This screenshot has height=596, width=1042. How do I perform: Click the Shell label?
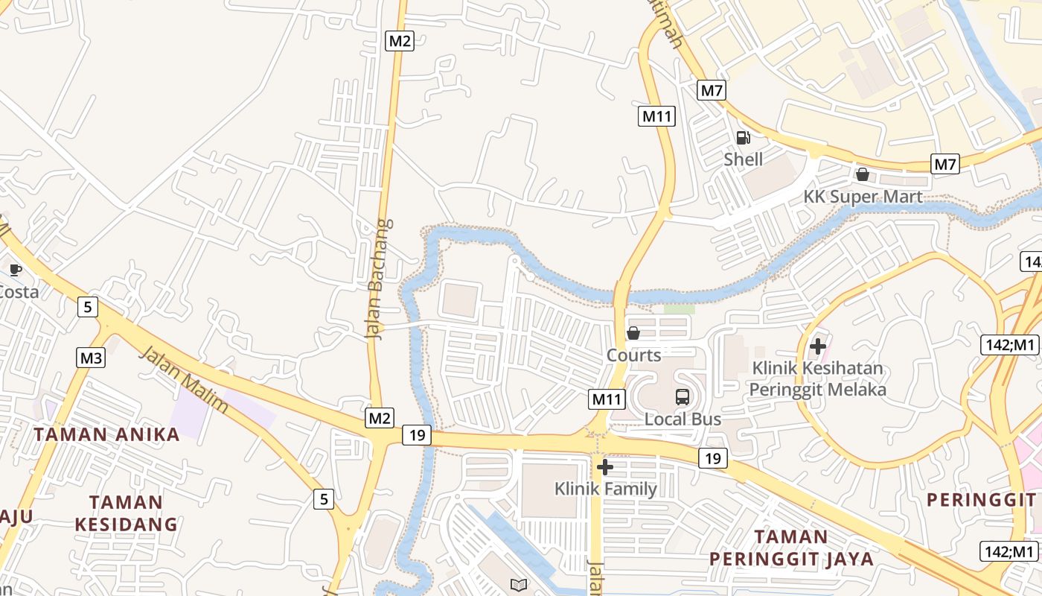[744, 159]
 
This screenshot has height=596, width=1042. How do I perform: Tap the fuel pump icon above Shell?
[743, 138]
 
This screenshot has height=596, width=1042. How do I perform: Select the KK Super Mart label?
[863, 197]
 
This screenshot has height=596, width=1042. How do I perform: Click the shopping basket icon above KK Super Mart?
[863, 174]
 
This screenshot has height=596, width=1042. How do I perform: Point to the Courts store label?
[633, 355]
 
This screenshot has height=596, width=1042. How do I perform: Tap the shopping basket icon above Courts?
[633, 333]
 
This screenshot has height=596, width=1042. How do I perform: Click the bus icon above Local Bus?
[683, 397]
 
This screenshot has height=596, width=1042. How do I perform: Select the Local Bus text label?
[683, 419]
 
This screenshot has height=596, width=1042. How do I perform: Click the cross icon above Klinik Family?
[605, 467]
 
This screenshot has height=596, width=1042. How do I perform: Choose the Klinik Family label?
[605, 489]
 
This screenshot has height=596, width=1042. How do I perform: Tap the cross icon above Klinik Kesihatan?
[818, 346]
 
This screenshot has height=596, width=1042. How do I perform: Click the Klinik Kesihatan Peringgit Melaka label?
[817, 378]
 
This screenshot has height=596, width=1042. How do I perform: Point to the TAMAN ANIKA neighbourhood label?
[107, 434]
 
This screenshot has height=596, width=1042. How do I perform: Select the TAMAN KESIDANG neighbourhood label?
[126, 513]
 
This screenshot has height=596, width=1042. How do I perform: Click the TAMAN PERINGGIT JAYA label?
[791, 548]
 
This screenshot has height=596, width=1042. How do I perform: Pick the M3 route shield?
[91, 358]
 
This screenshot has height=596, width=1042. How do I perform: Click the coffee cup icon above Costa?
[15, 270]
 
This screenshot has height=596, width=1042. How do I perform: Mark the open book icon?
[517, 585]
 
